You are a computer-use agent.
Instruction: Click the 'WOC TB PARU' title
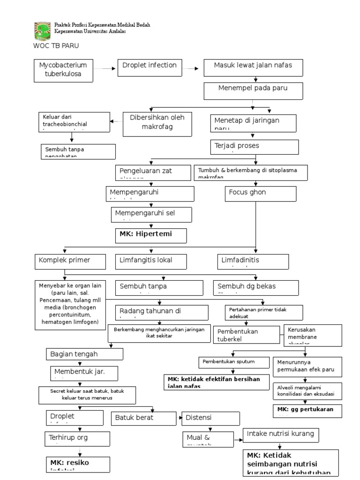(x=56, y=46)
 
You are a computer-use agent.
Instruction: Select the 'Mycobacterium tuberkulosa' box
(x=63, y=69)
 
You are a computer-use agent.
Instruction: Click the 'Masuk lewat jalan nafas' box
(x=254, y=67)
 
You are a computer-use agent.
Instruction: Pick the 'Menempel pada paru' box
(x=254, y=91)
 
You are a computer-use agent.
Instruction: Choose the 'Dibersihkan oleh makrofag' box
(x=157, y=124)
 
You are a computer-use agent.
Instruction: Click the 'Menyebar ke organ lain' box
(x=70, y=305)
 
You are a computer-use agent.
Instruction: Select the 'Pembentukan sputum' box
(x=233, y=363)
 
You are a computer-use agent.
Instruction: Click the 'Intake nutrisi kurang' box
(x=281, y=435)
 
